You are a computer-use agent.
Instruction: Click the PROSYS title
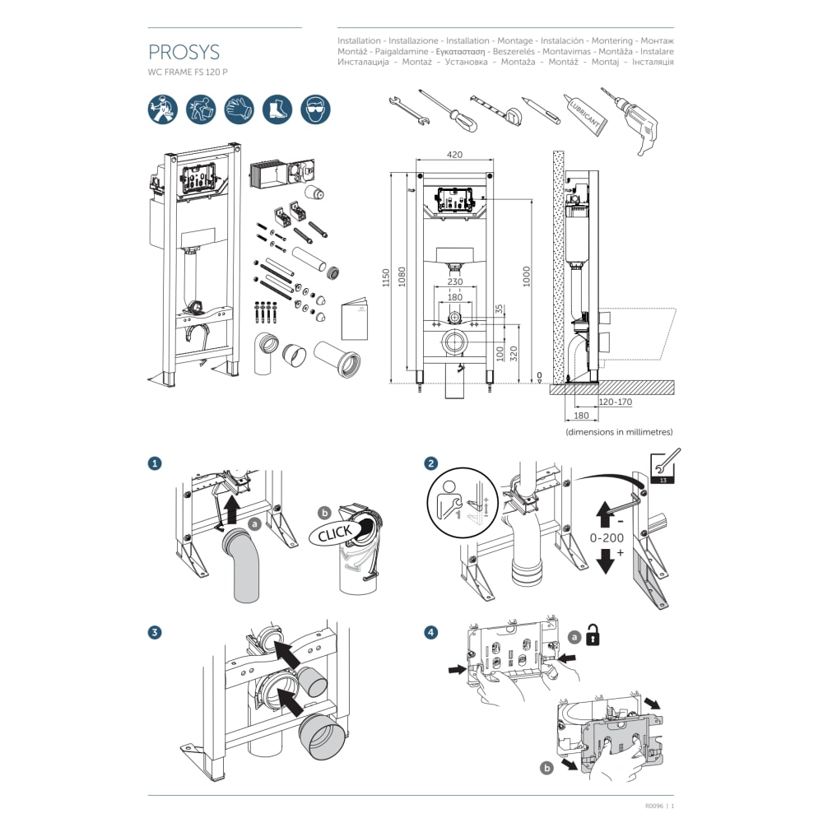point(184,53)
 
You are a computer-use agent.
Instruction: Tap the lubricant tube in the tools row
point(585,115)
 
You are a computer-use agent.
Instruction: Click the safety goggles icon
point(315,109)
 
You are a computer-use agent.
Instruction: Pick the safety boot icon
point(277,109)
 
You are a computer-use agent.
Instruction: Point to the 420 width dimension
point(455,154)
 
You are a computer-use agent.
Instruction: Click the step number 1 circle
point(155,464)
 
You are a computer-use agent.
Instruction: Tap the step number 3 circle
point(155,633)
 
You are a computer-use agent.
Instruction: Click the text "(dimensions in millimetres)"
point(619,431)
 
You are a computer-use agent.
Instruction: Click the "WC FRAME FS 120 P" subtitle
point(188,72)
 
